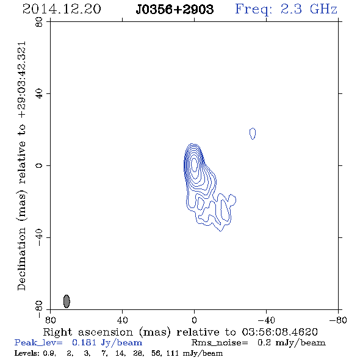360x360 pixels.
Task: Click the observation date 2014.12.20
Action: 62,9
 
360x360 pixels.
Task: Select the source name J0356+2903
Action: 175,9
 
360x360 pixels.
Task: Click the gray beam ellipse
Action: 67,301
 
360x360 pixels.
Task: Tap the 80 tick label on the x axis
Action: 50,320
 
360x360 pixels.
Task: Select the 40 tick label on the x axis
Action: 122,320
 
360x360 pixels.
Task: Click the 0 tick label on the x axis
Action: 194,320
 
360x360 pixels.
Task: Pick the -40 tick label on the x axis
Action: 266,320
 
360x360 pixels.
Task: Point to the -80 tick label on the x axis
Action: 338,320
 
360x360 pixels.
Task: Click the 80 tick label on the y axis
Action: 39,22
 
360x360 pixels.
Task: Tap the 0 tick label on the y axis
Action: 39,165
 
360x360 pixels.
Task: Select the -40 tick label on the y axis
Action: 39,237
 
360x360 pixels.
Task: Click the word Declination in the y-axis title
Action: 21,259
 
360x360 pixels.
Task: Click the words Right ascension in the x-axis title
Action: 88,332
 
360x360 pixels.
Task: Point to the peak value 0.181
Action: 84,342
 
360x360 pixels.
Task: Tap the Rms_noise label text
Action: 220,343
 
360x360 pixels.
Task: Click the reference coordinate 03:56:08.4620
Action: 280,332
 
